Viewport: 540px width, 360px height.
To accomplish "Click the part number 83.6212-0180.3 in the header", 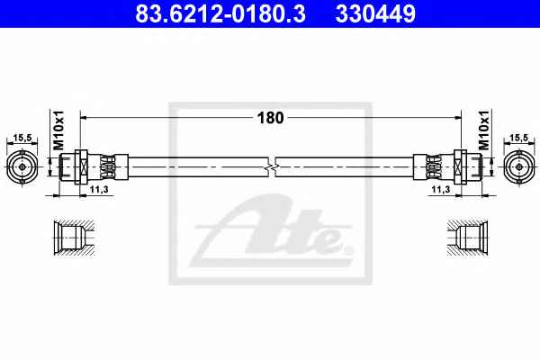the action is [x=220, y=13].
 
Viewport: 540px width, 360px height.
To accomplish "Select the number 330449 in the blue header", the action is [x=375, y=13].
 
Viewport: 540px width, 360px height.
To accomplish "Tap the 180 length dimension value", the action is [x=270, y=118].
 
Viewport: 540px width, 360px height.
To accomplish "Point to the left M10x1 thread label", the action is [x=58, y=130].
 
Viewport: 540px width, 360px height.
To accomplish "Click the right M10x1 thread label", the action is [x=483, y=130].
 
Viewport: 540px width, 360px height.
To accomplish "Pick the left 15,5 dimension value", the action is [x=22, y=138].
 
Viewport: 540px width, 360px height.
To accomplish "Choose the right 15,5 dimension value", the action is [x=518, y=138].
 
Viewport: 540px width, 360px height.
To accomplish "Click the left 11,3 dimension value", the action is [x=99, y=189].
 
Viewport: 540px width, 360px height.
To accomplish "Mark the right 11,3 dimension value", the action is [x=441, y=189].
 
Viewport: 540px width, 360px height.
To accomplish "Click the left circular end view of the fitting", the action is [x=22, y=167].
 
